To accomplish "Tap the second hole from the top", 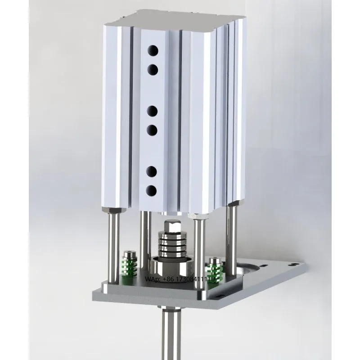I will click(153, 69).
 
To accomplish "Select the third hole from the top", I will click(153, 110).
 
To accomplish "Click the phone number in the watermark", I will click(192, 280).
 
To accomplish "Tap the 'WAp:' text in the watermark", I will click(153, 280).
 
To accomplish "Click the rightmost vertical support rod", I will click(231, 243).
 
